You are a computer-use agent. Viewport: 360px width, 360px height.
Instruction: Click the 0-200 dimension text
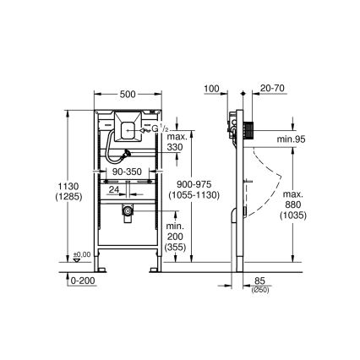click(82, 279)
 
